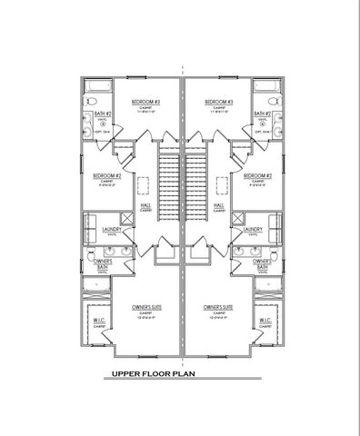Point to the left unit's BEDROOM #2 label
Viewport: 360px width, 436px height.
point(106,174)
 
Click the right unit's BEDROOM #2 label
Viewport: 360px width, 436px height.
point(258,174)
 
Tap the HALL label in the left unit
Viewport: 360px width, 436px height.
point(144,205)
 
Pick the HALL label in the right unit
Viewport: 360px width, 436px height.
point(219,205)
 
